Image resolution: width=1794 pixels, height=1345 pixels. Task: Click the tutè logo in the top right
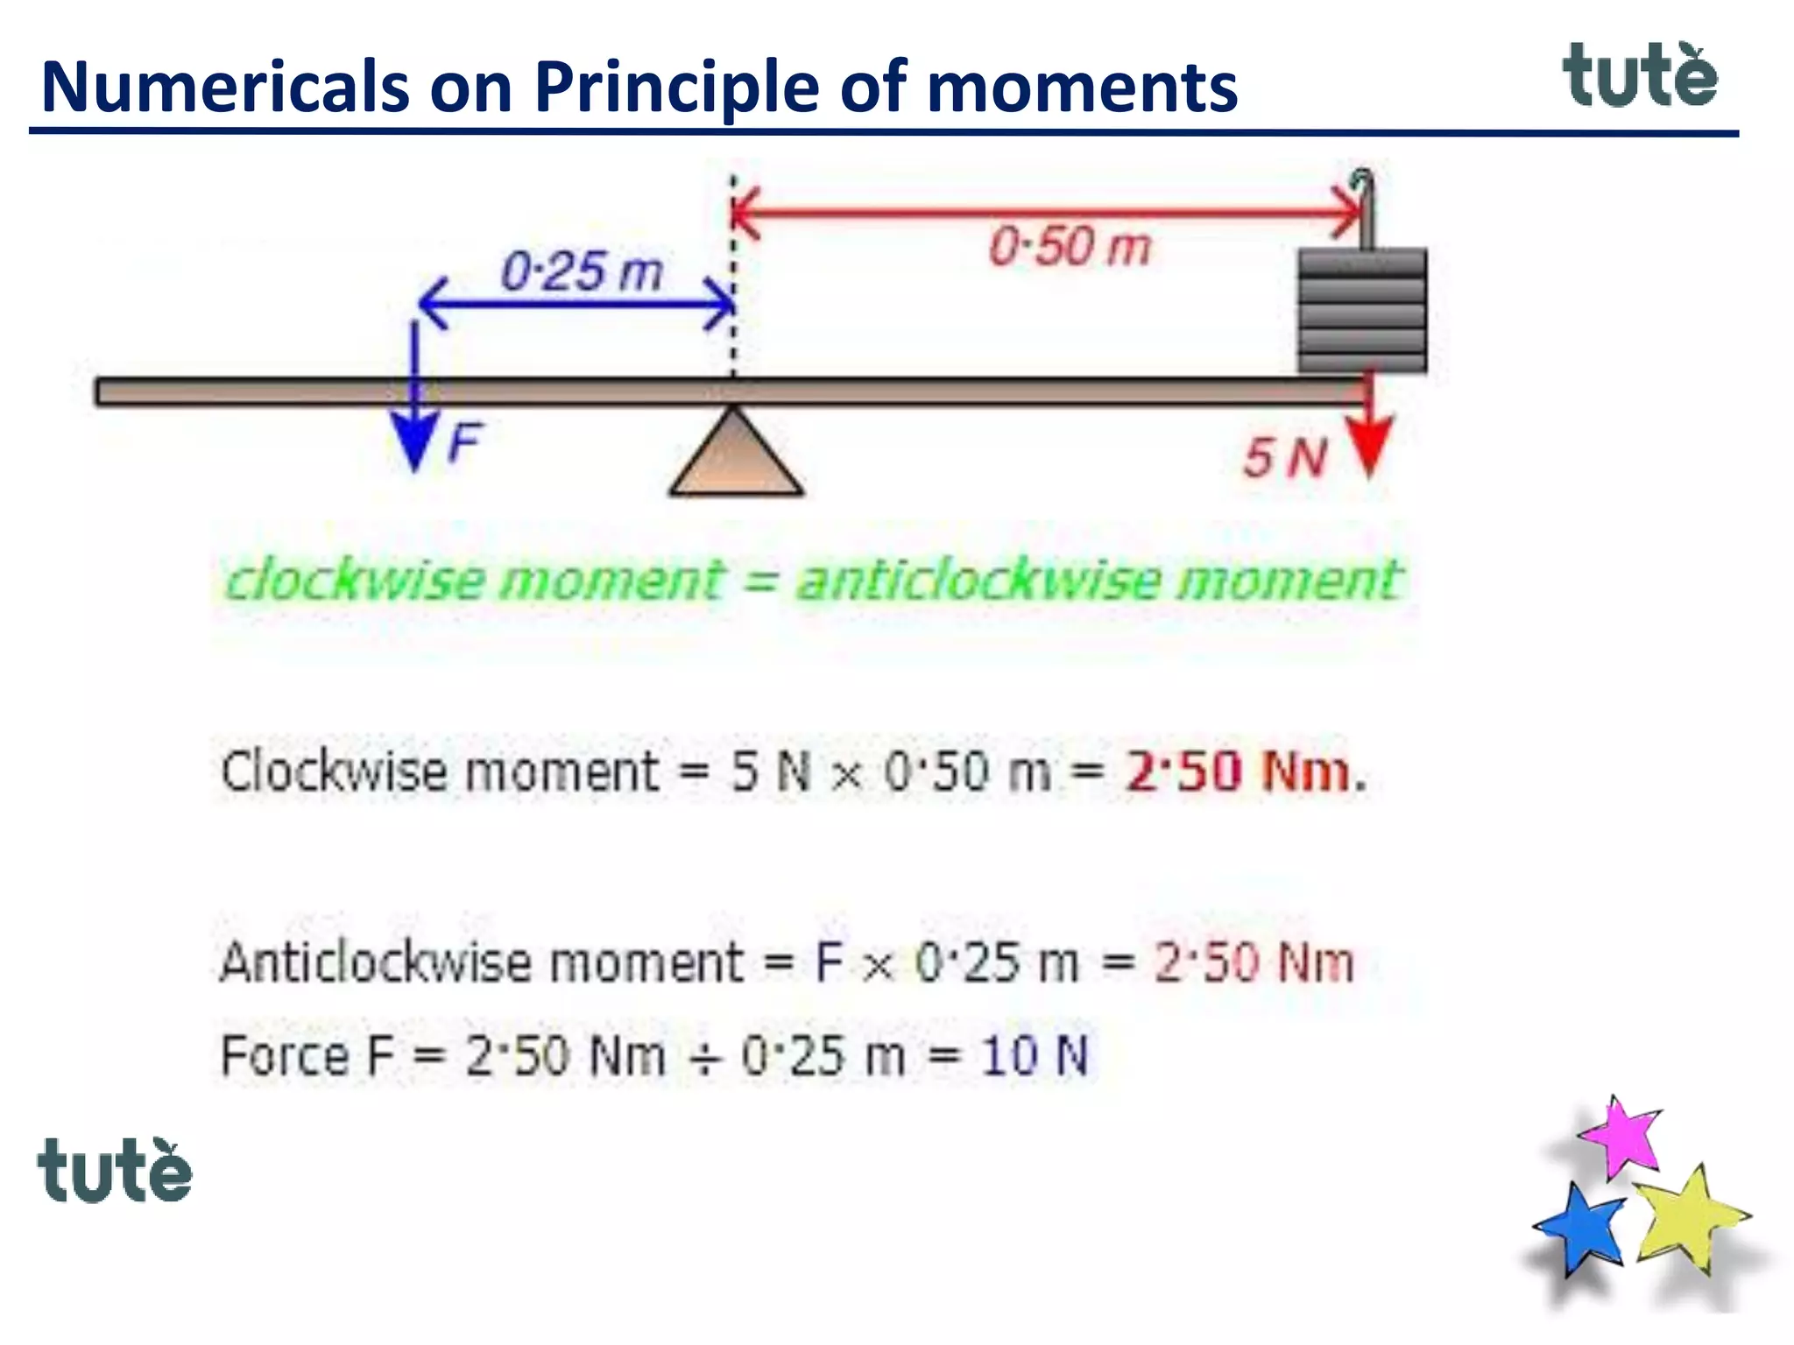[1640, 76]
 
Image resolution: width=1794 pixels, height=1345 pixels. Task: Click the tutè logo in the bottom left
[115, 1171]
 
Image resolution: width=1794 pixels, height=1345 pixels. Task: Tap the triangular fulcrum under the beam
[736, 457]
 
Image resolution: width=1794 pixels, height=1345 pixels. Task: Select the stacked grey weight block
[1362, 311]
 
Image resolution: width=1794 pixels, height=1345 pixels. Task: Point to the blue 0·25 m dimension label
[582, 271]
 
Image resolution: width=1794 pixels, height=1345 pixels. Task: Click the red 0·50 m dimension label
[1070, 246]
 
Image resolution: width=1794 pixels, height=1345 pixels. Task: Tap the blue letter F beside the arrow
[464, 442]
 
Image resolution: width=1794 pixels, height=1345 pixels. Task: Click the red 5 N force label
[1285, 458]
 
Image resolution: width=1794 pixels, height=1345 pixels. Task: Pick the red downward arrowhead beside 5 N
[1369, 447]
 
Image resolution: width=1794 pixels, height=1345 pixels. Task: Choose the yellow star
[1687, 1218]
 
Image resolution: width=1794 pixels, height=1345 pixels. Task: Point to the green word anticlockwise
[978, 581]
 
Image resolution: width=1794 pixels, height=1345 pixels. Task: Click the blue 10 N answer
[1035, 1055]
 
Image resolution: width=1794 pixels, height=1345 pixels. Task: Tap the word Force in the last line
[285, 1055]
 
